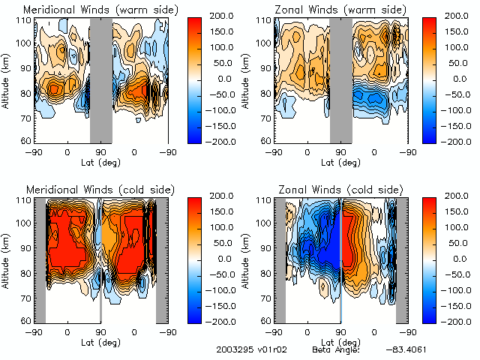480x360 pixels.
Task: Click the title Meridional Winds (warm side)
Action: coord(100,10)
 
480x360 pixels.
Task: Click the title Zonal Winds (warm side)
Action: coord(342,10)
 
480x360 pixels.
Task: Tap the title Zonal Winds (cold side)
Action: coord(342,187)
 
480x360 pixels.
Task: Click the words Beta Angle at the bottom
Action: coord(335,349)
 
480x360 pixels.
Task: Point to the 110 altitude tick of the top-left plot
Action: coord(25,20)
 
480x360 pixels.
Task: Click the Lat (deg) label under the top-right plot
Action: coord(340,161)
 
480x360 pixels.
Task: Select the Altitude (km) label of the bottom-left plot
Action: coord(7,259)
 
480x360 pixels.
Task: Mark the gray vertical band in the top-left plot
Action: coord(100,79)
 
